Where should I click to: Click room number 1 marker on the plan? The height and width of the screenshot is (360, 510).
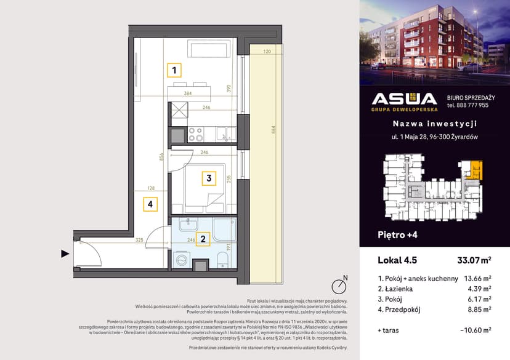pos(176,70)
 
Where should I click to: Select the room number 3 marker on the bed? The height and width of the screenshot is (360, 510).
pos(209,179)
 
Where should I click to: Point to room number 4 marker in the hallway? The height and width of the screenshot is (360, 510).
pos(150,204)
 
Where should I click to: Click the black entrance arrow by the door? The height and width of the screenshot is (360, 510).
pos(65,254)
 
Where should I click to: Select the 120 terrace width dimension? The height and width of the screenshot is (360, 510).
pos(267,52)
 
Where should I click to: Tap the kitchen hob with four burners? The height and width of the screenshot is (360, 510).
pos(200,134)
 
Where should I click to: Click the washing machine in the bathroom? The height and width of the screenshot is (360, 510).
pos(183,260)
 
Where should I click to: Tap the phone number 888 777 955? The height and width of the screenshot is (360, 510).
pos(468,105)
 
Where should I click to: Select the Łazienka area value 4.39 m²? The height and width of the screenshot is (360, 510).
pos(479,289)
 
